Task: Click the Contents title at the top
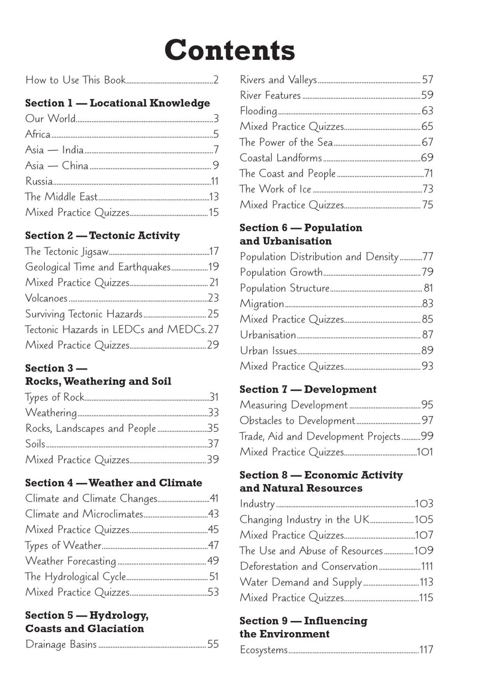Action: (229, 50)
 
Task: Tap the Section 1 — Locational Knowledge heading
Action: (117, 103)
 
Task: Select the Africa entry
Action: (38, 134)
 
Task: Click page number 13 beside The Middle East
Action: (214, 197)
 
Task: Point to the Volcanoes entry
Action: (46, 298)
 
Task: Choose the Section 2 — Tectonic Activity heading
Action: (102, 235)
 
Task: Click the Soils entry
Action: (36, 444)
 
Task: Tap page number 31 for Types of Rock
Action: (214, 397)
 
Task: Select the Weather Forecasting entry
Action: (71, 561)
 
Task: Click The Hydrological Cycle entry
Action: (75, 577)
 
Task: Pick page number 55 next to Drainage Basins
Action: (213, 644)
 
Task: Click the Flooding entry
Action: (258, 111)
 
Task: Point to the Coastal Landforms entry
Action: (281, 158)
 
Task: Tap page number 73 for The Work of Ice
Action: (428, 189)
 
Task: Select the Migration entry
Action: (262, 304)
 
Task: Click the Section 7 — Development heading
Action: (308, 389)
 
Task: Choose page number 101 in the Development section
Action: (425, 452)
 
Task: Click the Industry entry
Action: (257, 504)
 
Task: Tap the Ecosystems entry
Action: (263, 650)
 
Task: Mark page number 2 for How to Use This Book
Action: (216, 80)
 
